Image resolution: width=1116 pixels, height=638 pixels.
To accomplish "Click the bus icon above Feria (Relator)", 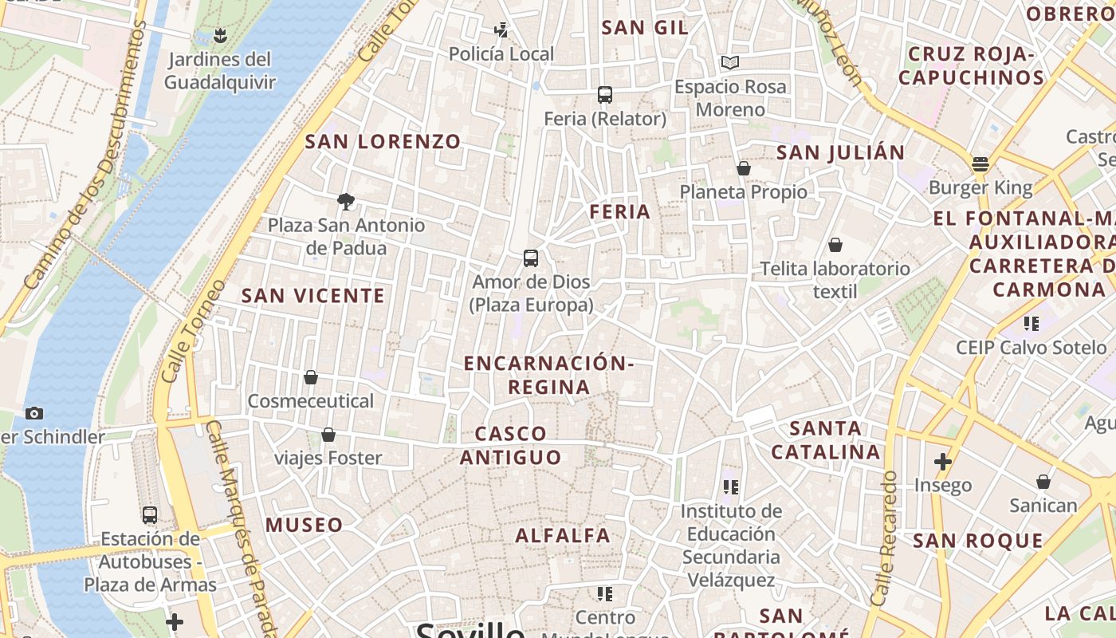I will (x=605, y=95).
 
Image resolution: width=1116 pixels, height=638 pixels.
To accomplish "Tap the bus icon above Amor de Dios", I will (x=531, y=258).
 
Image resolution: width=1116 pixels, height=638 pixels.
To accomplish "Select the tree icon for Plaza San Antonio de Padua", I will (x=346, y=201).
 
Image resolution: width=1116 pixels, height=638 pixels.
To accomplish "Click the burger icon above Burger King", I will (x=980, y=164).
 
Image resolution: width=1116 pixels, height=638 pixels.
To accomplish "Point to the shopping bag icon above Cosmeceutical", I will (x=311, y=377).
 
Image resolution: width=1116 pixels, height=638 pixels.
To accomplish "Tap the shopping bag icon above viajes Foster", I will (x=328, y=435).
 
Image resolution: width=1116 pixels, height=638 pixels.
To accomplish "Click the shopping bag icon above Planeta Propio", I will (x=744, y=168).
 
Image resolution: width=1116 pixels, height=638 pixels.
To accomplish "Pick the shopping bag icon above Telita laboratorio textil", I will (x=835, y=245).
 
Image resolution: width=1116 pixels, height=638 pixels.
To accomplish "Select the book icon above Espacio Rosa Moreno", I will (x=730, y=62).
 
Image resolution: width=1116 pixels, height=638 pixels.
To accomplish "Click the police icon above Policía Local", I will (x=501, y=30).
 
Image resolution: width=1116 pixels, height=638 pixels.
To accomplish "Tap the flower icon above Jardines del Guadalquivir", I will (x=220, y=35).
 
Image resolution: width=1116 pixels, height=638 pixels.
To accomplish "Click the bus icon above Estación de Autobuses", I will (x=150, y=515).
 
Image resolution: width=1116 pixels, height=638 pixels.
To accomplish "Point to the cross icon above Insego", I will (x=943, y=462).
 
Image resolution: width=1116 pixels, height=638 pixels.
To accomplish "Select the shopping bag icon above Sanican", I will (x=1043, y=482).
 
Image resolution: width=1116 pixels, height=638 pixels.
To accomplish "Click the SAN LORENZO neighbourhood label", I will (x=383, y=142).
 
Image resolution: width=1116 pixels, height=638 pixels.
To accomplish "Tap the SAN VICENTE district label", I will (x=313, y=296).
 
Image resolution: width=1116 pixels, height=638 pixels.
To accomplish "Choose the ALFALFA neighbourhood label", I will (x=563, y=535).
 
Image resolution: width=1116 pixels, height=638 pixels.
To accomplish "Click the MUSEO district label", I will (x=304, y=525).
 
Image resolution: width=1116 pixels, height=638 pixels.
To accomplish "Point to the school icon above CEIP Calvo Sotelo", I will (x=1032, y=324).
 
